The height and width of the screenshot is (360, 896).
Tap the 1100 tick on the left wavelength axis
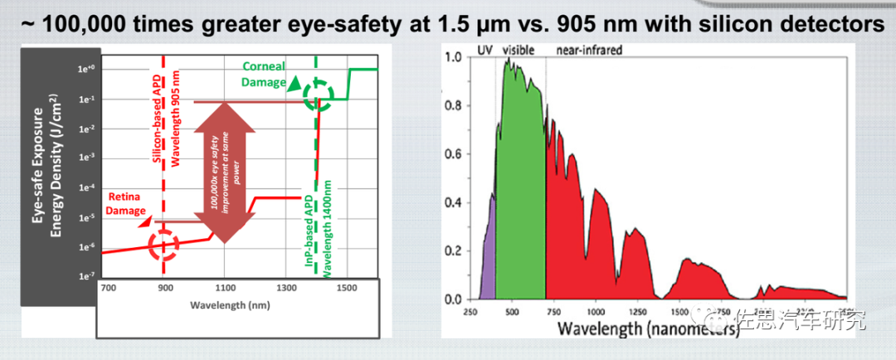(x=226, y=288)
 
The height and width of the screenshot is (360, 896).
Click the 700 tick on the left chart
(x=107, y=288)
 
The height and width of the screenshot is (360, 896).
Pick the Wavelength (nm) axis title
(x=225, y=304)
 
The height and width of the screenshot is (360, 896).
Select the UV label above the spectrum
(x=486, y=50)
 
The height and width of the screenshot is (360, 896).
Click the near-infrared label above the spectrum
(x=587, y=50)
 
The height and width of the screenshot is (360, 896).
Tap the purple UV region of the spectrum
(x=489, y=257)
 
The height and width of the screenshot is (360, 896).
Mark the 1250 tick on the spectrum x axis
(x=635, y=312)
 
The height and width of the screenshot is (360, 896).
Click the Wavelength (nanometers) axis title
(x=648, y=328)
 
